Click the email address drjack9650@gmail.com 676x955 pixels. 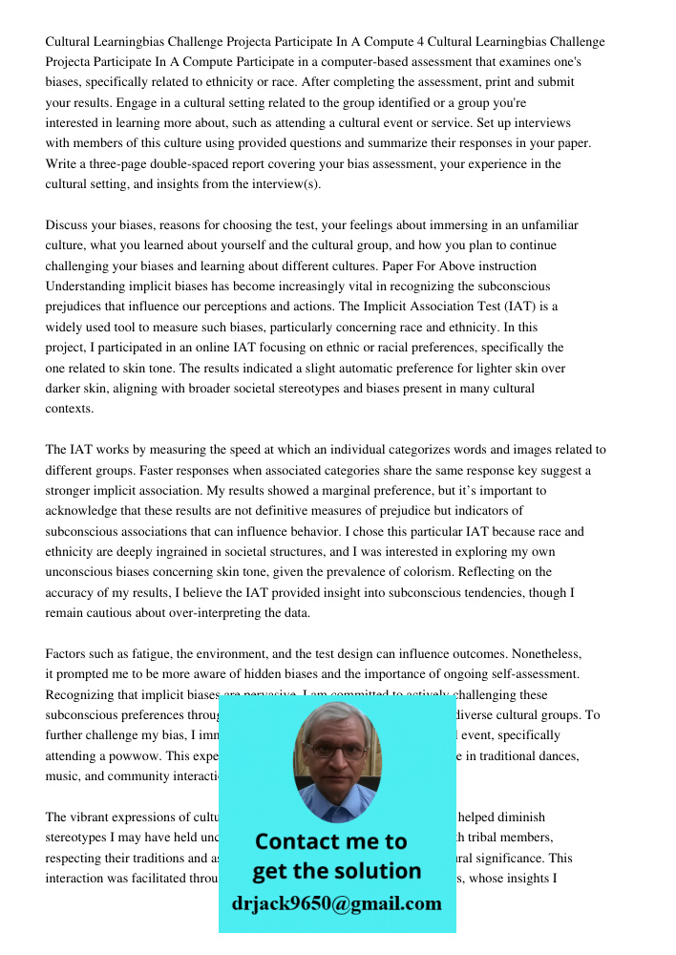pos(336,903)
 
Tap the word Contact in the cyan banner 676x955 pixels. pos(297,841)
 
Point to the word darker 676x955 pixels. pos(67,389)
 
